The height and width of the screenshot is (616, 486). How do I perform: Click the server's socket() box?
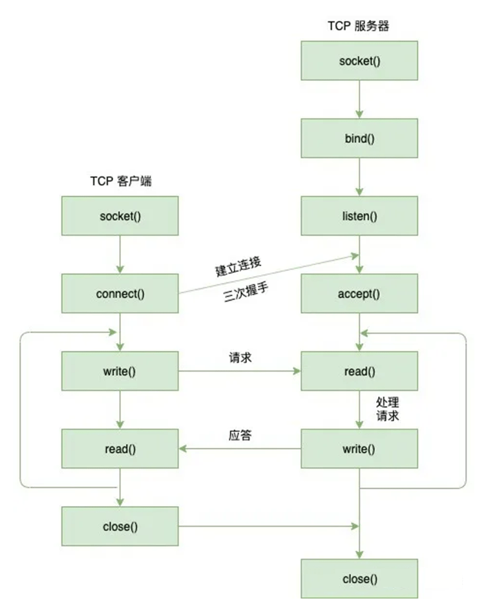point(359,61)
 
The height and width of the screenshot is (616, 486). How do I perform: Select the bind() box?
point(359,139)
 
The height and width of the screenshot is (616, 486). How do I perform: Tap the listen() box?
point(359,216)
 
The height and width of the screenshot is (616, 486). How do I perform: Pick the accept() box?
point(359,294)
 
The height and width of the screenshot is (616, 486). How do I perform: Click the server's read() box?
point(359,371)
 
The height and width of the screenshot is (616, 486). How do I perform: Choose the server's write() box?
point(359,449)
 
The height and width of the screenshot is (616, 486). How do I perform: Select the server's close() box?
point(359,578)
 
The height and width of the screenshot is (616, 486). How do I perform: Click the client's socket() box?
point(120,216)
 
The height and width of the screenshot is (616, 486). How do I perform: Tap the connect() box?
point(120,294)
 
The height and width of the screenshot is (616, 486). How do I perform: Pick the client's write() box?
point(120,371)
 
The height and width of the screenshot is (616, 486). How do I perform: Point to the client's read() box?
point(120,449)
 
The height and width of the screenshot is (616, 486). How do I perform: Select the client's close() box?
point(120,526)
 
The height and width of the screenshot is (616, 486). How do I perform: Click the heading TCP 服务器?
point(359,27)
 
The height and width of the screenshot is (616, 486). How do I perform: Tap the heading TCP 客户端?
point(121,182)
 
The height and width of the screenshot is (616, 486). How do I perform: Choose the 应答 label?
point(240,435)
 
